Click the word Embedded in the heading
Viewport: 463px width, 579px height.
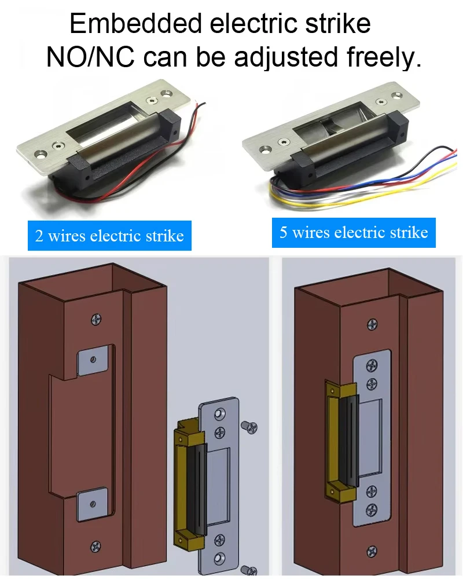[x=135, y=23]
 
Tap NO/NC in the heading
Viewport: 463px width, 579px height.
[x=90, y=57]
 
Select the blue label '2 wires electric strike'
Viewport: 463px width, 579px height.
[x=109, y=236]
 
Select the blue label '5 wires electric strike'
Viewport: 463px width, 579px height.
[x=354, y=233]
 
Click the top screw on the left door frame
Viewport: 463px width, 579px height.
[x=97, y=319]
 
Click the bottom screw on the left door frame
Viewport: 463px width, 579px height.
[x=96, y=545]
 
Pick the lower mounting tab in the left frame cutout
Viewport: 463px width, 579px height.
[x=92, y=504]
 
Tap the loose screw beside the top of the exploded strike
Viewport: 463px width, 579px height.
[x=249, y=427]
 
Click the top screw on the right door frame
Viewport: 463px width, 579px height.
[x=372, y=325]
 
